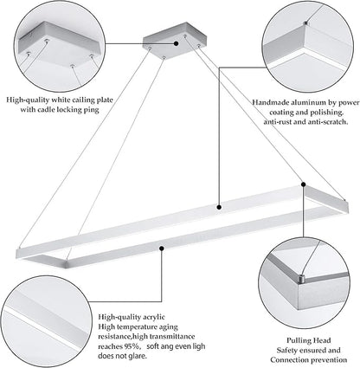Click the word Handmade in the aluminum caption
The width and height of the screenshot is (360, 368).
[x=267, y=102]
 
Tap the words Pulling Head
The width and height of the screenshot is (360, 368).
[x=308, y=340]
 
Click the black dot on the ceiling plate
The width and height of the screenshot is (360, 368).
[x=176, y=43]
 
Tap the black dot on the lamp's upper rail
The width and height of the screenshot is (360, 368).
[x=219, y=207]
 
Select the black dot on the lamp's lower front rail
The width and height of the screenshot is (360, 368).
[x=162, y=249]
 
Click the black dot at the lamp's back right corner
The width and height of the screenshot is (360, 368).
[x=304, y=184]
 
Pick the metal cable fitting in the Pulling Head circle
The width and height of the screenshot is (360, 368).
[x=301, y=279]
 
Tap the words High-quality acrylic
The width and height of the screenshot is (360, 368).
[x=132, y=317]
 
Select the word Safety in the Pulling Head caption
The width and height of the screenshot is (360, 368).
[x=287, y=351]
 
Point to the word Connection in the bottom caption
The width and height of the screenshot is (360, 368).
[x=289, y=360]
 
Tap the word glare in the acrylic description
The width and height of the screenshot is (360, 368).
[x=138, y=356]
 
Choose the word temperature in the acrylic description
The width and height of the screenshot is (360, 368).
[x=136, y=327]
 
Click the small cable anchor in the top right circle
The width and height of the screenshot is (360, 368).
[x=306, y=23]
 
